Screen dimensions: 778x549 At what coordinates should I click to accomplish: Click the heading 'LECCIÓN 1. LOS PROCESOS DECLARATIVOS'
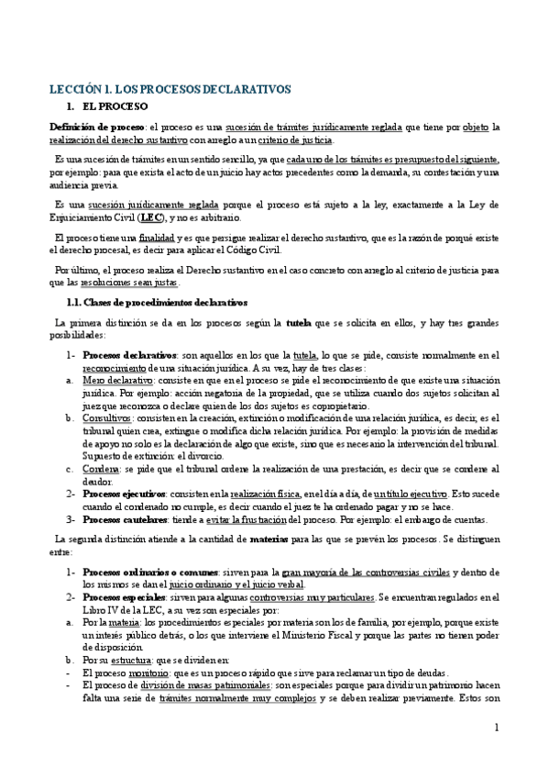click(x=170, y=89)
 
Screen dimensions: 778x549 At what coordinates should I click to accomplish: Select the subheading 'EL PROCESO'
click(x=113, y=107)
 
